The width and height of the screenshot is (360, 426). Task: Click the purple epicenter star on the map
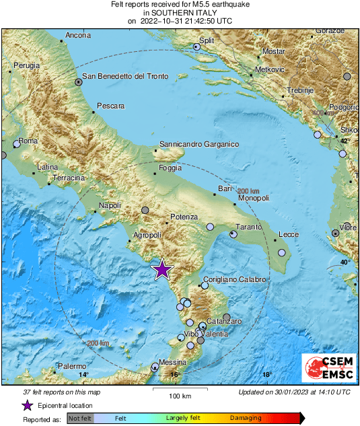[x=162, y=269]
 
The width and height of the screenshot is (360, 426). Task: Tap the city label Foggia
[x=170, y=168]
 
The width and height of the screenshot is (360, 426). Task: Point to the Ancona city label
[x=77, y=35]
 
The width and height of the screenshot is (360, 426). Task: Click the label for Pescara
[x=110, y=106]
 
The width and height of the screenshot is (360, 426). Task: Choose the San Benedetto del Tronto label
[x=124, y=77]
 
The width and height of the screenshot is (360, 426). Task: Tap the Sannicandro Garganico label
[x=199, y=144]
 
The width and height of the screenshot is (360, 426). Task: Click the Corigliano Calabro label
[x=236, y=279]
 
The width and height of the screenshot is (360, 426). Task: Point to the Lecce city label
[x=288, y=234]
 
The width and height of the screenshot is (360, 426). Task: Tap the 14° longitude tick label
[x=83, y=375]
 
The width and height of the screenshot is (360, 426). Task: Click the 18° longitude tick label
[x=266, y=375]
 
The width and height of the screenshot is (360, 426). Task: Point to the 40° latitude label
[x=345, y=262]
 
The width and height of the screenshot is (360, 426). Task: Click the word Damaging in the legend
[x=246, y=417]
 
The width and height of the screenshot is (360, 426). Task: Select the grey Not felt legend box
[x=80, y=418]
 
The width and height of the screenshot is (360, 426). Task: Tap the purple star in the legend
[x=27, y=405]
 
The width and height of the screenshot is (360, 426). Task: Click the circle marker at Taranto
[x=233, y=234]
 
